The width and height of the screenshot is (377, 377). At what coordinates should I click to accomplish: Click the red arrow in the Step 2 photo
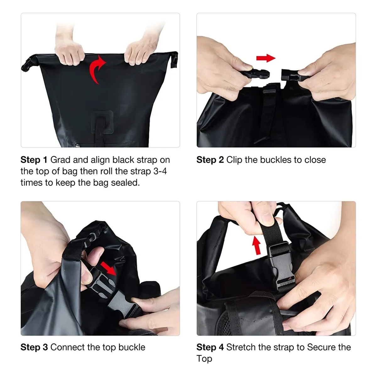tap(265, 58)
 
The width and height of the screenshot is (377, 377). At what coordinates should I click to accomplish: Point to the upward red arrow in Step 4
tap(257, 245)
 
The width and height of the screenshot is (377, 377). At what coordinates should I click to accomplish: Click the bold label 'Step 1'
tap(34, 160)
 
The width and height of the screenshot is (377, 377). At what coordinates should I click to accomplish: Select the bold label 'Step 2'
tap(210, 160)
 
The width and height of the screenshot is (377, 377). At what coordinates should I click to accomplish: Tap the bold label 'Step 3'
tap(34, 347)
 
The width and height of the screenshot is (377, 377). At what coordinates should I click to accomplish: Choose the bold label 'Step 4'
tap(210, 347)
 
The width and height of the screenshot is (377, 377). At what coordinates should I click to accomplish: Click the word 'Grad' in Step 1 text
tap(60, 160)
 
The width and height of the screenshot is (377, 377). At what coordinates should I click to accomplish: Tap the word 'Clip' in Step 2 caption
tap(234, 160)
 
